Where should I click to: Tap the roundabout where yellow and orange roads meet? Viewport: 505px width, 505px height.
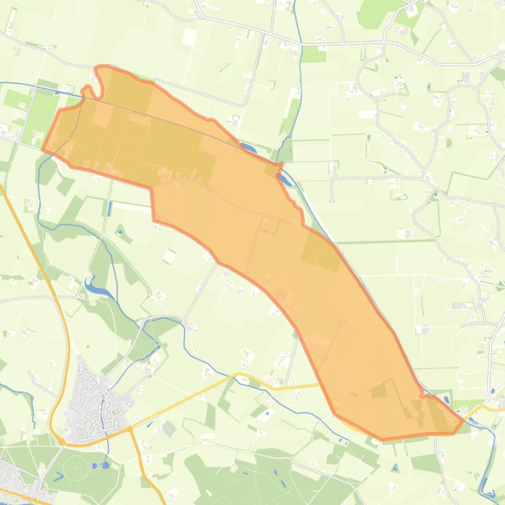click(x=131, y=429)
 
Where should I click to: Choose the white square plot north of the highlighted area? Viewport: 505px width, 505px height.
click(x=190, y=37)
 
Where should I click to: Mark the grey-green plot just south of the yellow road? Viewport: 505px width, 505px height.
click(x=169, y=429)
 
